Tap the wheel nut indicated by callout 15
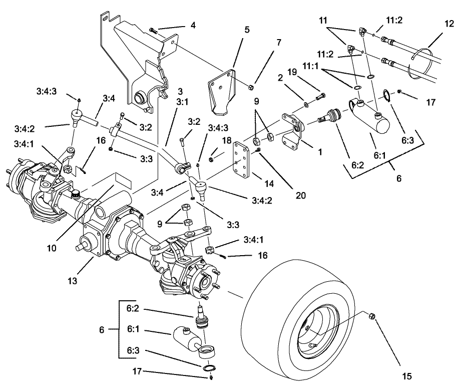[x=372, y=316]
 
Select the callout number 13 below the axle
[x=73, y=281]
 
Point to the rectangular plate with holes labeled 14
[x=243, y=160]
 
